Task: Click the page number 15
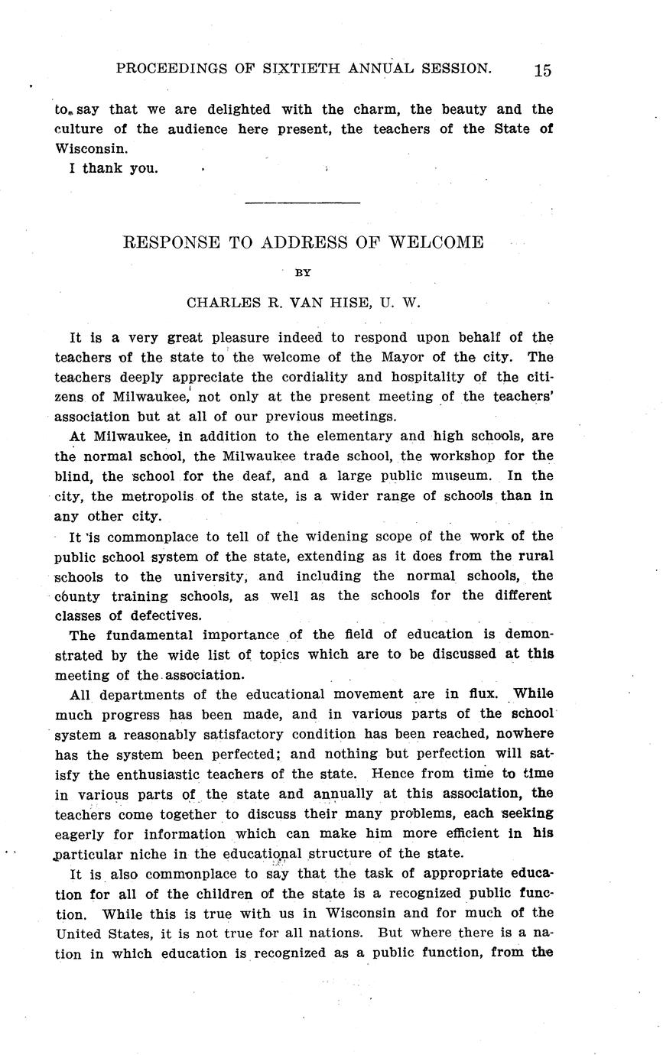click(542, 70)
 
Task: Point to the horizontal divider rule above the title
click(302, 203)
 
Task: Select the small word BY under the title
click(303, 272)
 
